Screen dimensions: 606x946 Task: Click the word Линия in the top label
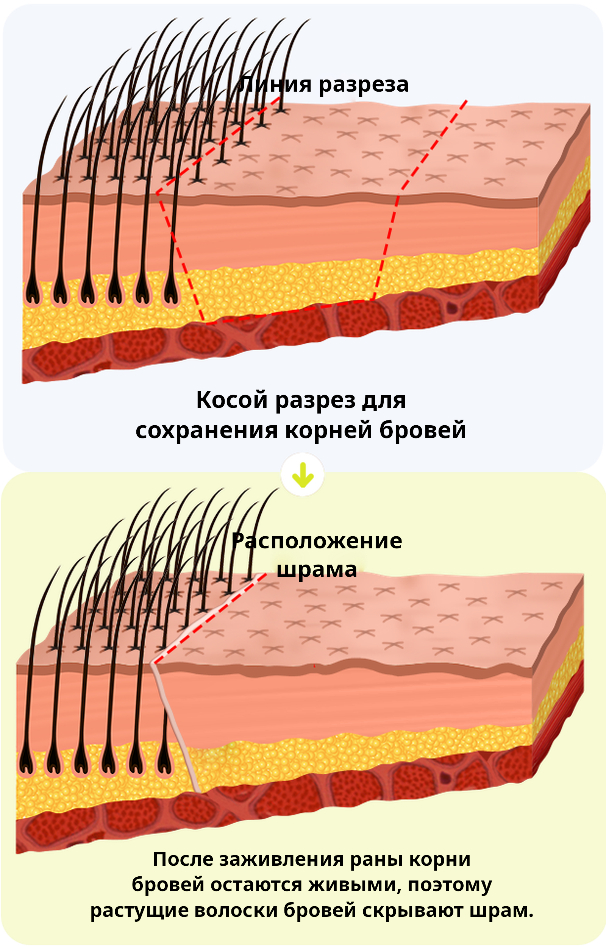coord(275,84)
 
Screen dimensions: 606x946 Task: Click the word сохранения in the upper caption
coord(206,431)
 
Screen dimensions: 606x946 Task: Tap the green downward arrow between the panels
coord(303,475)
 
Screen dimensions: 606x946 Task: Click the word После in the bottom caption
coord(183,859)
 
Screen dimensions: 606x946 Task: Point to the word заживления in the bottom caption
coord(281,859)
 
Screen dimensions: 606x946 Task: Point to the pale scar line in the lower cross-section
coord(175,728)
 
